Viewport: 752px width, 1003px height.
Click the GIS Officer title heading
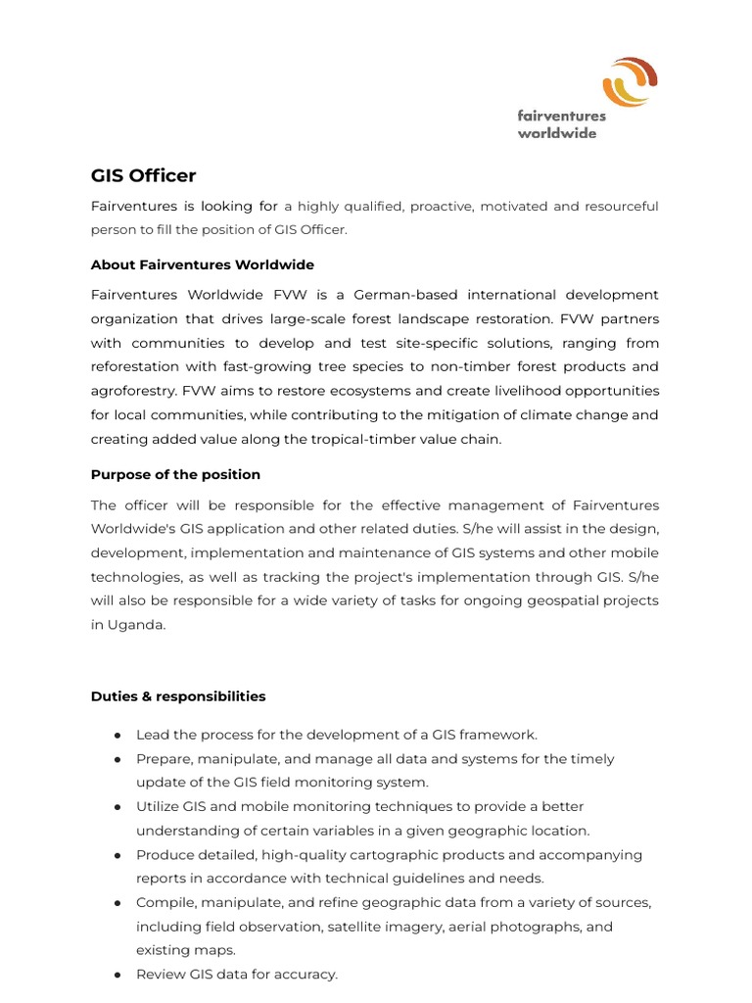tap(143, 175)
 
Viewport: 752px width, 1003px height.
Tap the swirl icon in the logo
tap(629, 81)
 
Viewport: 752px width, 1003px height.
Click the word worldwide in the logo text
tap(556, 133)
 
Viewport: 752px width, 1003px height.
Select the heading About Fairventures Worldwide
tap(202, 264)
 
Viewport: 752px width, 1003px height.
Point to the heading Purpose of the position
tap(175, 474)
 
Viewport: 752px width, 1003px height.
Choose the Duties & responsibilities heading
tap(178, 696)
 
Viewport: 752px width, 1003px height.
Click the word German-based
tap(405, 295)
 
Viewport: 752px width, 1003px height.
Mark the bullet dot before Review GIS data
tap(117, 975)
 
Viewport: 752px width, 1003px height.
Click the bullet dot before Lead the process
tap(117, 735)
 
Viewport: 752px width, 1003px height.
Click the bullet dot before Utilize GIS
tap(117, 807)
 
